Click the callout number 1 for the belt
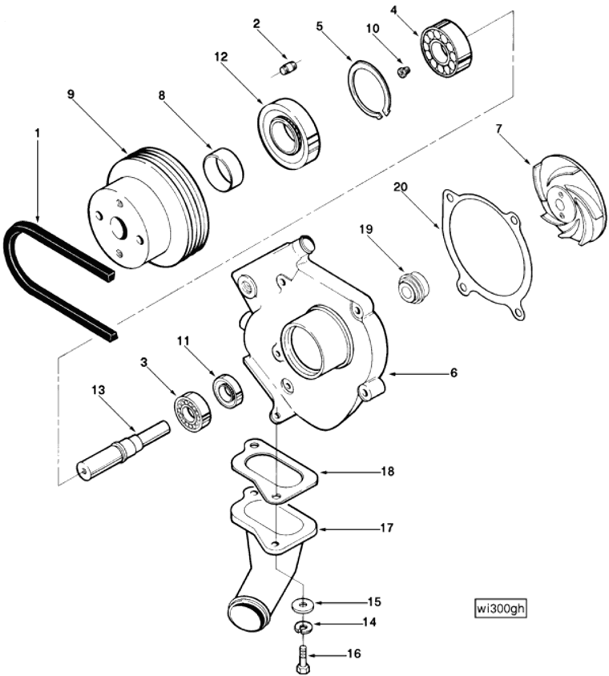click(x=37, y=131)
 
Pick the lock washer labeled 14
click(x=302, y=626)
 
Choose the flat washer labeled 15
click(x=302, y=602)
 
